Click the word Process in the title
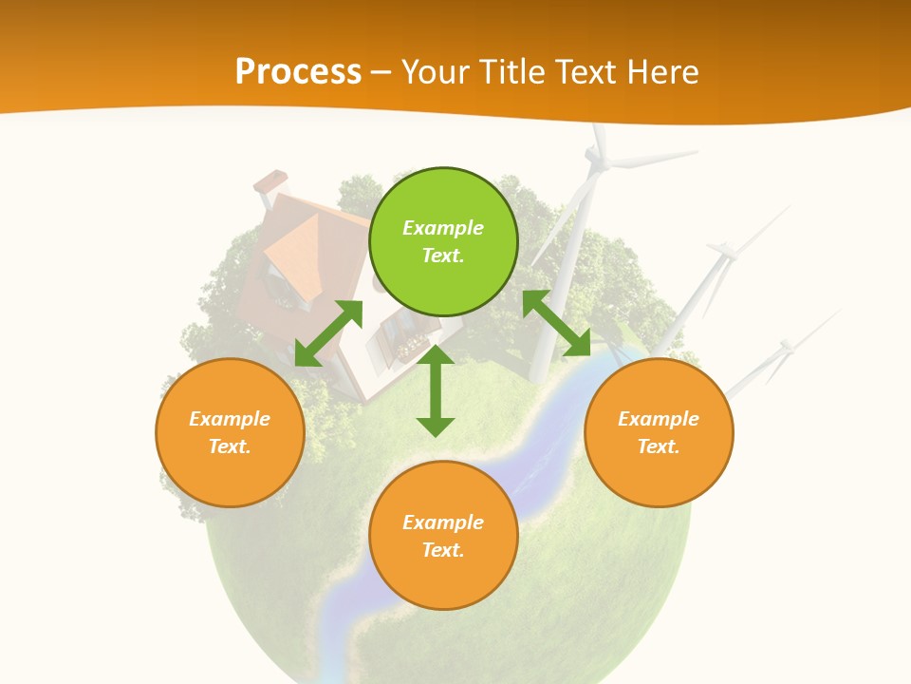pos(298,71)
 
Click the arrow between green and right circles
pos(556,323)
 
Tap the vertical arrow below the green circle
pos(436,390)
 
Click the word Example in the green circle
pos(443,228)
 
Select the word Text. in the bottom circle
pos(443,550)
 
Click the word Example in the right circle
pos(659,419)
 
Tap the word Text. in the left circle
pos(230,446)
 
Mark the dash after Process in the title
pos(381,72)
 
